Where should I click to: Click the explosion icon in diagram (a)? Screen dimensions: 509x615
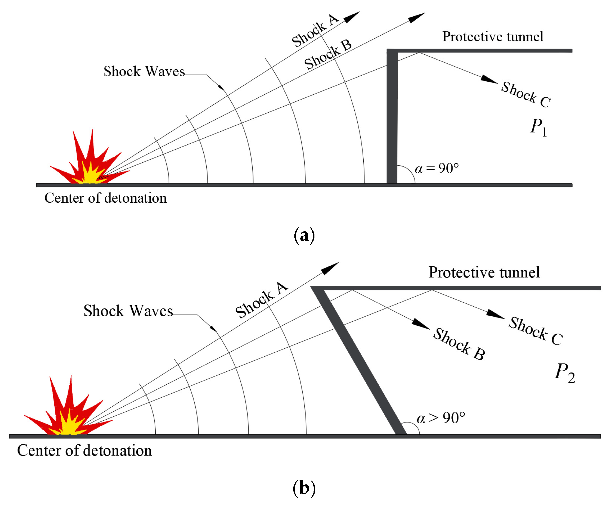click(88, 164)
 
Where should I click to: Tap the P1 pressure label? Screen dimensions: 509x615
click(538, 128)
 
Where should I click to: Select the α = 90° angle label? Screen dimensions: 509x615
click(436, 169)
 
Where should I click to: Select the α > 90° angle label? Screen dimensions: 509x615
click(440, 418)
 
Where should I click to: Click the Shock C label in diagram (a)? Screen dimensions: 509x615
click(526, 94)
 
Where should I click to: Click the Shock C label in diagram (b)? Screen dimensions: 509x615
click(535, 331)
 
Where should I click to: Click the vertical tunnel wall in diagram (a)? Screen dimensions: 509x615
click(392, 117)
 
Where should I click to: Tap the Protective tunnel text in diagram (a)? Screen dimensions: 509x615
click(493, 37)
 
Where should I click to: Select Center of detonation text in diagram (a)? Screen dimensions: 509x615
click(105, 198)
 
